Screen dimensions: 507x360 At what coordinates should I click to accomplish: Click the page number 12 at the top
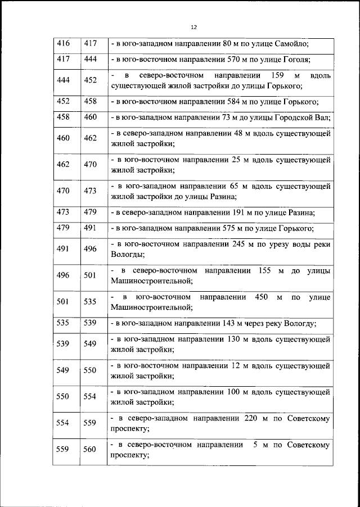[194, 27]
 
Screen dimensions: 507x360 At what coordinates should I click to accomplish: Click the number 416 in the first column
[64, 43]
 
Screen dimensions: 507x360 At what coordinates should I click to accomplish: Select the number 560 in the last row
[90, 450]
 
